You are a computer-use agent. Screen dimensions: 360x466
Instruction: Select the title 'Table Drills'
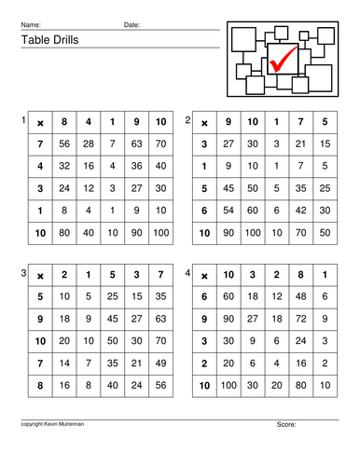[x=46, y=41]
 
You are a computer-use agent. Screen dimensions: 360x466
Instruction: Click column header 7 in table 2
[x=300, y=122]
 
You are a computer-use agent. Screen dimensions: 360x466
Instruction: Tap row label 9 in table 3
[x=40, y=318]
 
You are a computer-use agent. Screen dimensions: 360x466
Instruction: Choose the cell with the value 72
[x=300, y=318]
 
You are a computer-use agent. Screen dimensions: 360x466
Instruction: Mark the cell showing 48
[x=300, y=296]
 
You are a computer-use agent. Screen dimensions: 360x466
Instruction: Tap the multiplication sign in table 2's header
[x=204, y=122]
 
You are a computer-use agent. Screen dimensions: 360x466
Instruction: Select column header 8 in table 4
[x=300, y=275]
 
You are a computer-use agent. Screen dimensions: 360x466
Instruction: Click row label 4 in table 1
[x=40, y=166]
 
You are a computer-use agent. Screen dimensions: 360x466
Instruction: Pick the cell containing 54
[x=228, y=210]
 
